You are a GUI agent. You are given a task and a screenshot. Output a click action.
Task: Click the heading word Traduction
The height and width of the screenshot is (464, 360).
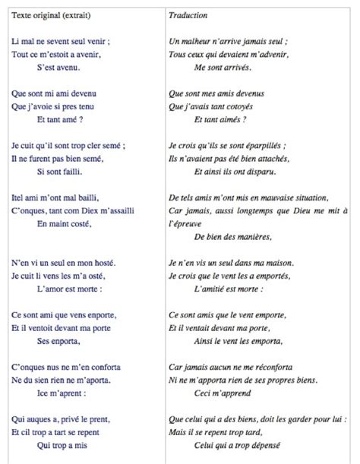190,14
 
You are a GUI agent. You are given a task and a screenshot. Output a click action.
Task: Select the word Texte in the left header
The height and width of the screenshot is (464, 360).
22,14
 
